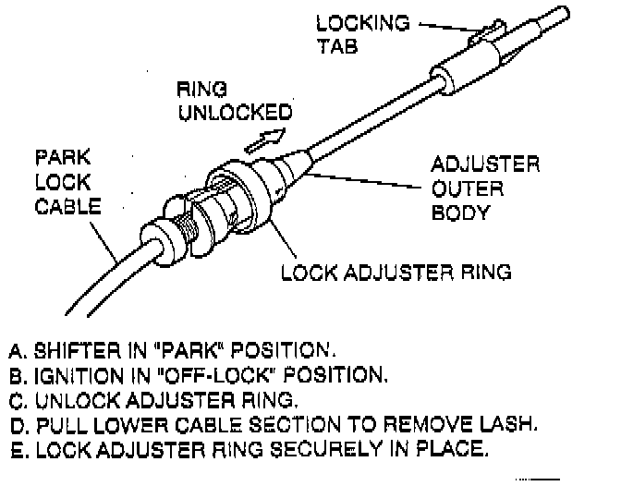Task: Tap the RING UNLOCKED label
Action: click(x=233, y=101)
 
